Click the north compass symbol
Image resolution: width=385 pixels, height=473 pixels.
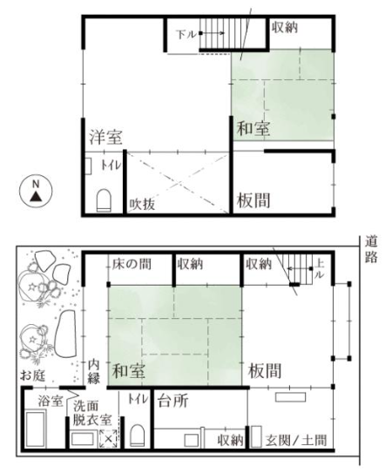click(36, 191)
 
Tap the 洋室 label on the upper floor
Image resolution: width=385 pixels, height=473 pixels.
click(106, 138)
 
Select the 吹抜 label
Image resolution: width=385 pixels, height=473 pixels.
click(142, 204)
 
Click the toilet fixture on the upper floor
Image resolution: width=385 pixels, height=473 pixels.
click(104, 200)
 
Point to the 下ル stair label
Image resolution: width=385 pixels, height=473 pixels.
click(186, 34)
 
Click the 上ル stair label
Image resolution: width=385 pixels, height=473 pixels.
click(320, 269)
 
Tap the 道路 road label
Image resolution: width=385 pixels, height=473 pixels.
click(371, 249)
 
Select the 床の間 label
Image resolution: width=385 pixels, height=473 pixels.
click(132, 264)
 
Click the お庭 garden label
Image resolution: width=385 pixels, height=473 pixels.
click(32, 375)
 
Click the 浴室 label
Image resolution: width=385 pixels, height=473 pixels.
click(51, 402)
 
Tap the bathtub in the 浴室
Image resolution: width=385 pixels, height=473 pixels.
click(36, 429)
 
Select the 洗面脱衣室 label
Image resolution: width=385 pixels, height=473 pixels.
click(92, 413)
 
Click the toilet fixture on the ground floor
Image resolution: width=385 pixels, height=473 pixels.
click(137, 436)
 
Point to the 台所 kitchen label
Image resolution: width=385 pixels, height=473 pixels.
click(173, 401)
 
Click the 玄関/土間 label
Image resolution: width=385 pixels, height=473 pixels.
click(296, 440)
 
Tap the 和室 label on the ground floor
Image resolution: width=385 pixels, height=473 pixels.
click(129, 371)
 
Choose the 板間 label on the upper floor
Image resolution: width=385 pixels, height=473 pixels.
click(253, 200)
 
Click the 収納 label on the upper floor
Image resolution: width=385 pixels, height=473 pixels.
click(285, 28)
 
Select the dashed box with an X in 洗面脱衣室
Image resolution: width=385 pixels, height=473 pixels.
click(109, 438)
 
